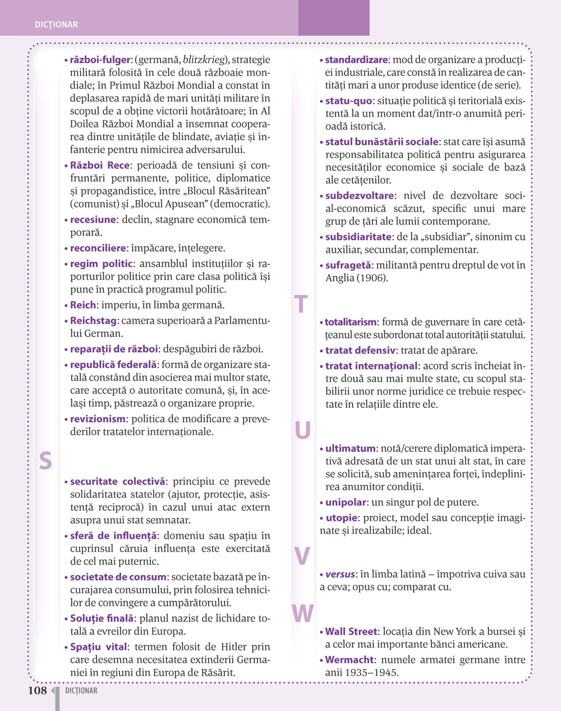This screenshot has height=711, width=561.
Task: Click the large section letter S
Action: (45, 461)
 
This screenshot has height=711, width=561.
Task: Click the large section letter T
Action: (301, 304)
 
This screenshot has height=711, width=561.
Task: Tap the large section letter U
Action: (302, 431)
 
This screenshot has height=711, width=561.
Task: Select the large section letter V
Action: (302, 556)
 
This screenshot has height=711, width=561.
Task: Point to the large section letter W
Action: (302, 613)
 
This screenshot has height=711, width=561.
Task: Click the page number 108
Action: (38, 690)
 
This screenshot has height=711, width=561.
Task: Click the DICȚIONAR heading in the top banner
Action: (56, 25)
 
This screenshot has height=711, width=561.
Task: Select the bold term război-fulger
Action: (100, 60)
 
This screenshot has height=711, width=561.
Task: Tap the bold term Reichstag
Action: (93, 321)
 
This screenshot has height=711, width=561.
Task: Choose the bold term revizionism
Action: (98, 419)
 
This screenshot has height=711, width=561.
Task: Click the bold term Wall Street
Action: (352, 631)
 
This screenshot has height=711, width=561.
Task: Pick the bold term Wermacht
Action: (350, 659)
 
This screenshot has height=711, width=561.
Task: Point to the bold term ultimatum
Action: (350, 449)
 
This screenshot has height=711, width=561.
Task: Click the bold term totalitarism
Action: (351, 322)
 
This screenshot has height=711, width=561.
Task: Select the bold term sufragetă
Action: (348, 265)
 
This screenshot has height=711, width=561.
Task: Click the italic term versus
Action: (340, 574)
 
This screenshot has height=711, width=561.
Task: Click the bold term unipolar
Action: (346, 502)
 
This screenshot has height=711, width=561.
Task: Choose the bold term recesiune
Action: (93, 220)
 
